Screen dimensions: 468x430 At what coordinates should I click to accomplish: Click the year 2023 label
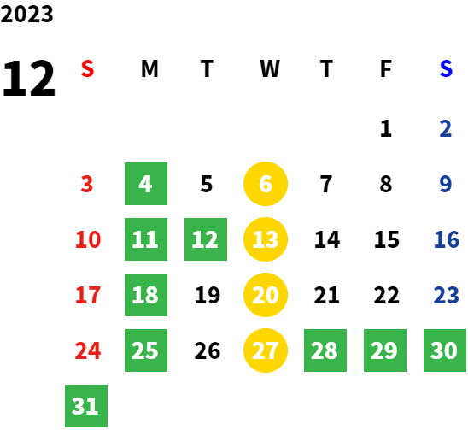(x=26, y=14)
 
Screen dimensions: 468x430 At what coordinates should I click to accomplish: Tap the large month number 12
(x=29, y=79)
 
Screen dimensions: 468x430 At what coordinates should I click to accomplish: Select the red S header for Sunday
(x=87, y=68)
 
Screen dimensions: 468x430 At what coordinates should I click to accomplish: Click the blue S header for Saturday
(x=446, y=68)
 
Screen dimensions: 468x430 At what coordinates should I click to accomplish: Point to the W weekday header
(x=270, y=68)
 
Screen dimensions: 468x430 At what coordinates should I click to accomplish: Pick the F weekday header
(x=386, y=68)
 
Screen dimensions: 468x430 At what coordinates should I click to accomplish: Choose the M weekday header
(x=149, y=68)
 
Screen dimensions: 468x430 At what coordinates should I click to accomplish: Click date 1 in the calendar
(x=386, y=128)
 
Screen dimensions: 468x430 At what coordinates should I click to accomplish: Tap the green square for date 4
(x=146, y=184)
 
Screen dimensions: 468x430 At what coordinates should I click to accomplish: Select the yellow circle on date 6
(x=266, y=184)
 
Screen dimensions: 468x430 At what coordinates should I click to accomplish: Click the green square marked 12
(x=206, y=239)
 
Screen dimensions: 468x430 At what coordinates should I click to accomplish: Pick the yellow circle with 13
(x=266, y=239)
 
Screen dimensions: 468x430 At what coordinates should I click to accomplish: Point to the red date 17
(x=88, y=295)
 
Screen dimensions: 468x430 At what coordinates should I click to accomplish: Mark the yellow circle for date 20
(x=266, y=295)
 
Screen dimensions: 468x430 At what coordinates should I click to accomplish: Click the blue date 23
(x=446, y=295)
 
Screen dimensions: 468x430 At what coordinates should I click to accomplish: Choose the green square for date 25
(x=146, y=350)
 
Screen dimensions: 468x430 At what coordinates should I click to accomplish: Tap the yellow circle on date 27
(x=266, y=350)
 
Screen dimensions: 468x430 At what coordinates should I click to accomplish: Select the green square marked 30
(x=445, y=350)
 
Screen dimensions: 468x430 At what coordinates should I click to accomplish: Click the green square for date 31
(x=86, y=406)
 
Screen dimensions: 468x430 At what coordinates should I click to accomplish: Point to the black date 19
(x=208, y=295)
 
